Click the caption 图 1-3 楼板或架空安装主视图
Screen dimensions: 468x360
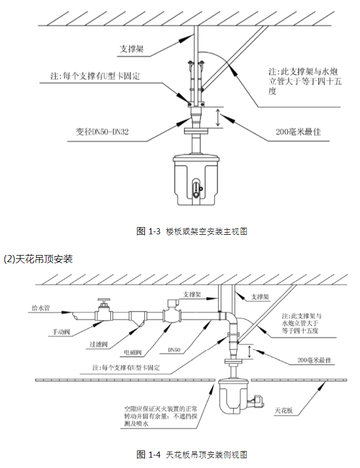pyautogui.click(x=192, y=231)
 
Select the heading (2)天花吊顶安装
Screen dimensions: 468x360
pyautogui.click(x=38, y=258)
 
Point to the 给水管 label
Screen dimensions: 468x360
pyautogui.click(x=40, y=309)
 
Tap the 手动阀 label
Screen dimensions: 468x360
pyautogui.click(x=61, y=331)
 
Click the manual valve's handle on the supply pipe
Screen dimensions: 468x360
pyautogui.click(x=102, y=301)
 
